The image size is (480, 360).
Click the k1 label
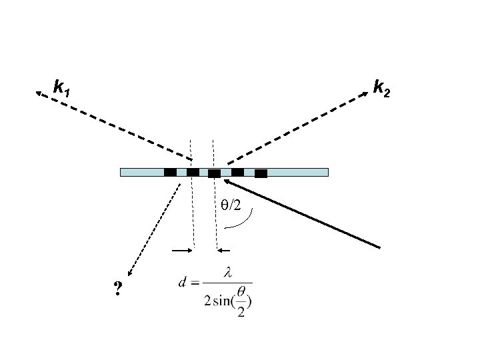pos(62,87)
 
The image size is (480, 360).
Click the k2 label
pos(382,87)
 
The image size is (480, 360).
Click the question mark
pos(118,289)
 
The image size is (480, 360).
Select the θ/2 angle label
pos(231,205)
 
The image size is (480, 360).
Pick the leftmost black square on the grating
pos(170,172)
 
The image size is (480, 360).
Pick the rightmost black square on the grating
pos(261,173)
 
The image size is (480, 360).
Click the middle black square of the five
pos(214,173)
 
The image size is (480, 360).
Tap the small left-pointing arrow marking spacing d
pos(222,251)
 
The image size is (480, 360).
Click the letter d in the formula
pos(181,281)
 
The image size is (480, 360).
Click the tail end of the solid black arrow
pos(379,247)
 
